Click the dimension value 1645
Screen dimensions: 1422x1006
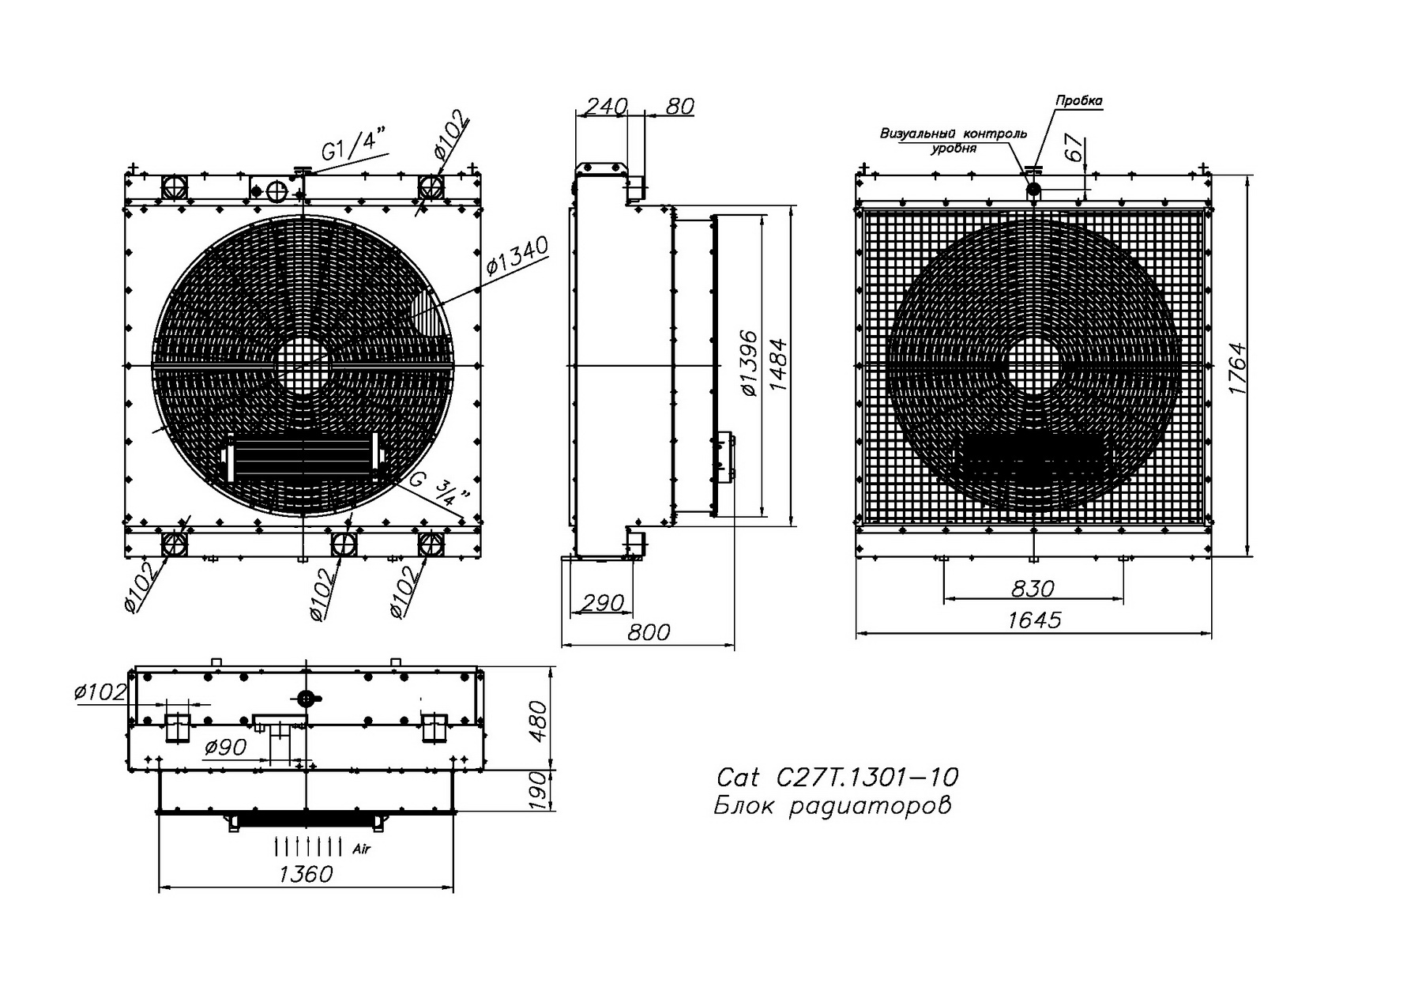tap(1035, 620)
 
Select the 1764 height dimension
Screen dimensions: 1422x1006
tap(1237, 369)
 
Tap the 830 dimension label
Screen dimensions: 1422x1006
tap(1033, 588)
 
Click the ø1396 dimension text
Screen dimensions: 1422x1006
tap(748, 364)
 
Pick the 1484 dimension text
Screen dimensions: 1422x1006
tap(778, 364)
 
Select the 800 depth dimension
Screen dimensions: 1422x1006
tap(649, 631)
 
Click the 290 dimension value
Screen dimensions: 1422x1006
tap(602, 603)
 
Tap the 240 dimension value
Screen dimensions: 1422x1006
tap(605, 106)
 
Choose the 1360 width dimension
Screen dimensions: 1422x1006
tap(306, 874)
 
